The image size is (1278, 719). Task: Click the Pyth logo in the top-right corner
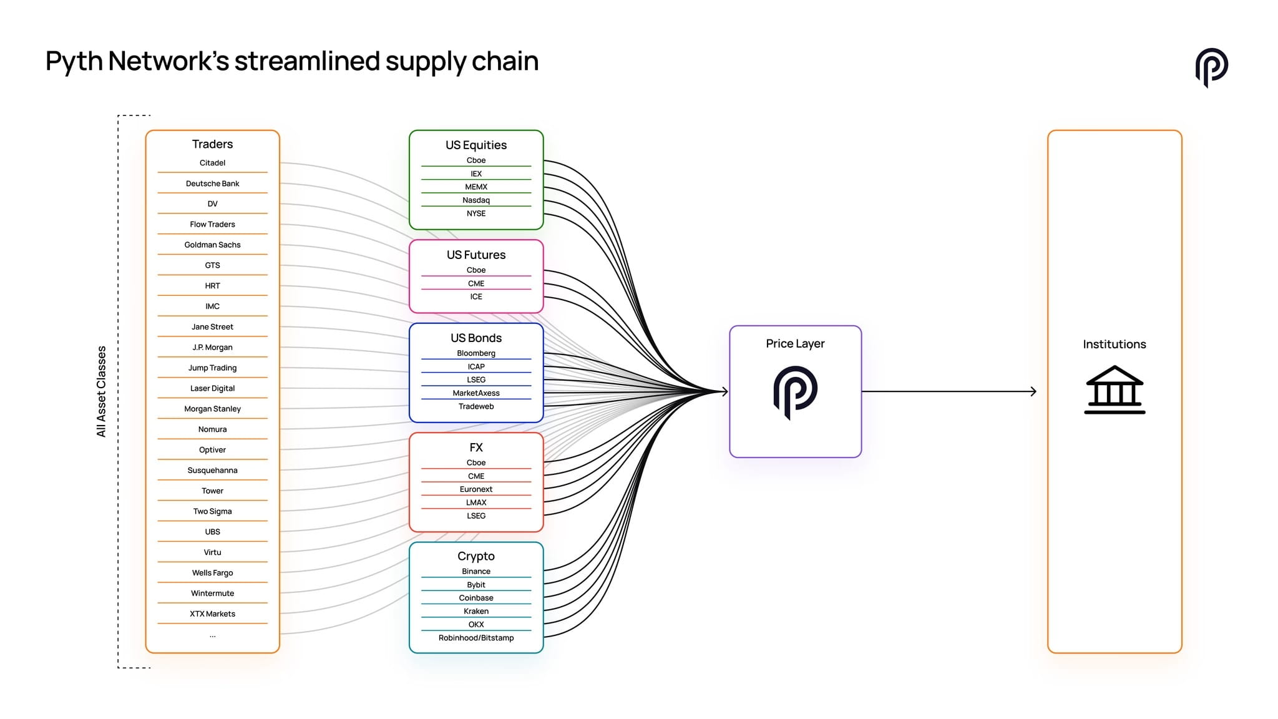(x=1211, y=67)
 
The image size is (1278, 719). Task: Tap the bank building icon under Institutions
(x=1115, y=389)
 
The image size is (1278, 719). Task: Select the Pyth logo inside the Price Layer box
(x=795, y=392)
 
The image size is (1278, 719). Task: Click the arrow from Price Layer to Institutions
(x=949, y=391)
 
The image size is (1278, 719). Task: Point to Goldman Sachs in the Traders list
(x=212, y=245)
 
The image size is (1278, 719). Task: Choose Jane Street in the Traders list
(x=212, y=326)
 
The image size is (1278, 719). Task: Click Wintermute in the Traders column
(x=212, y=593)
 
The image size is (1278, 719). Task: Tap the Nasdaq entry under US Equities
(x=476, y=200)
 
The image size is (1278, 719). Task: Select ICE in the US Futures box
(x=476, y=296)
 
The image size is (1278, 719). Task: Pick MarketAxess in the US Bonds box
(x=476, y=393)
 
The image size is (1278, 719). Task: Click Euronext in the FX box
(x=476, y=489)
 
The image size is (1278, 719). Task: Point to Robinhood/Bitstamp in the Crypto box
(x=476, y=637)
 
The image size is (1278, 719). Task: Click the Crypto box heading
(x=476, y=556)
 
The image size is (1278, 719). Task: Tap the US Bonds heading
(x=476, y=338)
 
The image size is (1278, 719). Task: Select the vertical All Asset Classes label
(x=101, y=391)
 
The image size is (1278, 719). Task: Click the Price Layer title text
(x=795, y=343)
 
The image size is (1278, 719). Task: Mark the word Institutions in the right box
(x=1115, y=344)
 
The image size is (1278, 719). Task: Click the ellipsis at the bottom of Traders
(x=212, y=636)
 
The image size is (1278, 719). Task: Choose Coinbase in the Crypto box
(x=476, y=597)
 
